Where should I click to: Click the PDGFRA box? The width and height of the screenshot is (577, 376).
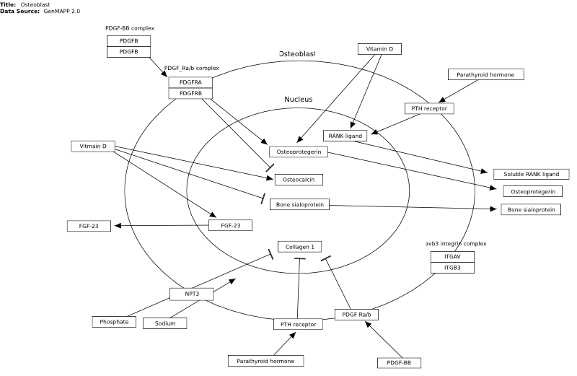190,82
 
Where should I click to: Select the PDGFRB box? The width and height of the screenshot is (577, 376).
190,94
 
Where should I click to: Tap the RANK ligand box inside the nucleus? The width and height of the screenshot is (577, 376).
345,136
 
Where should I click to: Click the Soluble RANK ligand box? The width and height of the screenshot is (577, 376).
532,174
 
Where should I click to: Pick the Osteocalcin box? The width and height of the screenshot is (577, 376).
299,180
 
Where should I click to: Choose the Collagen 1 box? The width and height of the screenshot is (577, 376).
300,247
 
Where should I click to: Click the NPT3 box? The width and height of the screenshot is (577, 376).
192,294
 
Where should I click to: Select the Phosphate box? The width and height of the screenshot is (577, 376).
114,322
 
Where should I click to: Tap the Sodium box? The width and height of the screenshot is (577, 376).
165,323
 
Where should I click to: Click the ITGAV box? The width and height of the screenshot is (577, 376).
453,257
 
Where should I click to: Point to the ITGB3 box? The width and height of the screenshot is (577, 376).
453,268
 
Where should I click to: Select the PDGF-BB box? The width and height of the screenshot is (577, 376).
399,363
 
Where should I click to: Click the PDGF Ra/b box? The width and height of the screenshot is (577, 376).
356,315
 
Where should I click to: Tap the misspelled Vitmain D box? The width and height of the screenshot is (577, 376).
93,147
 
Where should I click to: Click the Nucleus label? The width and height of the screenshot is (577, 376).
299,100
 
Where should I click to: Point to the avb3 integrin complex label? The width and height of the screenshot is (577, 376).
457,244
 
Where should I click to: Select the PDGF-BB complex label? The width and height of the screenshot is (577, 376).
130,28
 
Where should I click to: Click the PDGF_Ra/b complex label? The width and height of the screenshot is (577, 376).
191,68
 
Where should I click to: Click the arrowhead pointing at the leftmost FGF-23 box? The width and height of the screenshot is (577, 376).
118,226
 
